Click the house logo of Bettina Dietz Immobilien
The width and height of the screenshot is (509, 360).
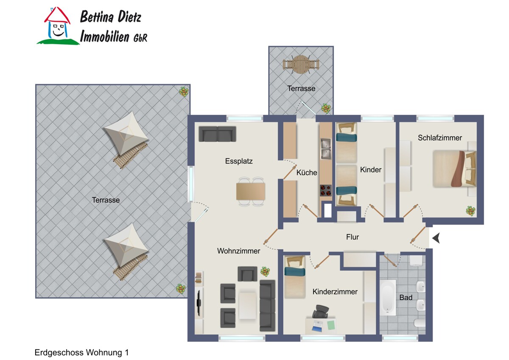pos(58,26)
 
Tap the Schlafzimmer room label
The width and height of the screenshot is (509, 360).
pos(440,138)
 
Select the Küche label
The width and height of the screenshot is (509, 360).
pos(307,172)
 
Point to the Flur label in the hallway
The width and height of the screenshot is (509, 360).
pos(352,237)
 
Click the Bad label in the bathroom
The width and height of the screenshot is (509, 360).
pos(406,297)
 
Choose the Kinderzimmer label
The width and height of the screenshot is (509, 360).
pos(335,292)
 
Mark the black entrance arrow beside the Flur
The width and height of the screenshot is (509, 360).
pos(436,238)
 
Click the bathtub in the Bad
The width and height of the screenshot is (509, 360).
pos(388,298)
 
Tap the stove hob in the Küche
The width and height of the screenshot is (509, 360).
pos(326,190)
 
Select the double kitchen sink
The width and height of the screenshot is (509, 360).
pos(326,149)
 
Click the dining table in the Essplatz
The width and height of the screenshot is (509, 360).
pos(251,191)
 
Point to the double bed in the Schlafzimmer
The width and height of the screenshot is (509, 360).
pos(454,169)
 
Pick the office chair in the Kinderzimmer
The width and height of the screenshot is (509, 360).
pos(320,312)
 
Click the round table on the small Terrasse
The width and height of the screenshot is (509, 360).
pos(301,65)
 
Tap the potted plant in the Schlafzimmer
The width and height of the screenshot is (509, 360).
pos(470,211)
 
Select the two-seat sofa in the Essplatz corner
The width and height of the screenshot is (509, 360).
pos(218,134)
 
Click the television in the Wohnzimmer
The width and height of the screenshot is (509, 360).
pos(199,303)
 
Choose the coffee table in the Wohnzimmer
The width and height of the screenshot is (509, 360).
pos(247,306)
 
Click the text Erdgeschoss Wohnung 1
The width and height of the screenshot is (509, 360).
pos(81,352)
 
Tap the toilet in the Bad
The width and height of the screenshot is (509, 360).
pos(420,323)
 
